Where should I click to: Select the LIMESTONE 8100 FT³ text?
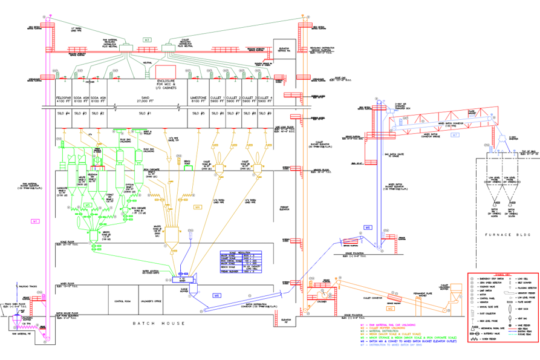[x=198, y=99]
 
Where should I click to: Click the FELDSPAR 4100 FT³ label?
[x=63, y=99]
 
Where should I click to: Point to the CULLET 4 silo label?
[x=264, y=99]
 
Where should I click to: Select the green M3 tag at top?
[x=147, y=39]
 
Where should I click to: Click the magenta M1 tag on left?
[x=35, y=221]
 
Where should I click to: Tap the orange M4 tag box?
[x=197, y=207]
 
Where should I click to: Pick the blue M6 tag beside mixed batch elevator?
[x=367, y=226]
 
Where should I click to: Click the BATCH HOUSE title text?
[x=160, y=323]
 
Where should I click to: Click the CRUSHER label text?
[x=321, y=301]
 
